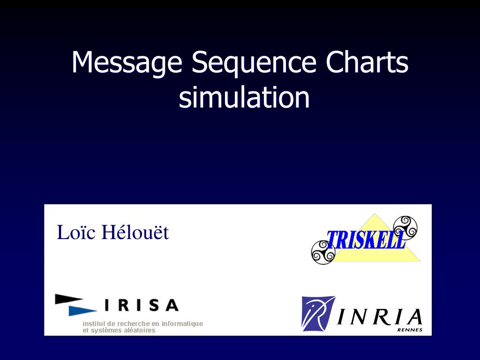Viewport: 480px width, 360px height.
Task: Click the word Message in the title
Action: (x=127, y=62)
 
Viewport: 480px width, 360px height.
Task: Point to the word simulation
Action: (x=244, y=98)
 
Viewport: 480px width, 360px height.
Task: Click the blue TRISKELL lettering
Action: (x=366, y=240)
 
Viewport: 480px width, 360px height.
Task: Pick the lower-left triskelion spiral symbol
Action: (x=323, y=252)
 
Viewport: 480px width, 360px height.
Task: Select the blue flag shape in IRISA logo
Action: (x=82, y=310)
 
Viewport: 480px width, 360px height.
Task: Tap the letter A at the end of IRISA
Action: (x=172, y=306)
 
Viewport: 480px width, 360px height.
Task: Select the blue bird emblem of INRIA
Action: (x=318, y=313)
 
